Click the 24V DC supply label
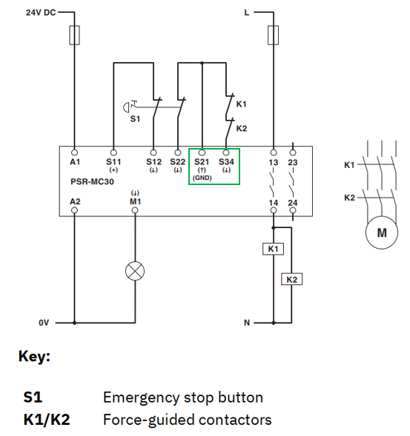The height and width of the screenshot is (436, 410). [41, 13]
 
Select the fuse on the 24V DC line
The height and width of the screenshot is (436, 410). [74, 35]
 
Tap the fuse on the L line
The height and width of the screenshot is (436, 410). [274, 35]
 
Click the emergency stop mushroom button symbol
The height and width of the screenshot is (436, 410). [126, 107]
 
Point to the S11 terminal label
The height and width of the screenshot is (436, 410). [113, 161]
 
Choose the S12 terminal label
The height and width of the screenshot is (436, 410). [153, 161]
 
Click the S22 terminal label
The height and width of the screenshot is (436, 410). [178, 161]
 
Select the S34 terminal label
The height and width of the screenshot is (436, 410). [226, 161]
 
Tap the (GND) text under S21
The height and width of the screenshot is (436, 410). [202, 178]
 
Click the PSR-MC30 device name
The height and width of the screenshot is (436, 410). [92, 181]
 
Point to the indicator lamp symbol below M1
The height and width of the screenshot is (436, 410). [135, 271]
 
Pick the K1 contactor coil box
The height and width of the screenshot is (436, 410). [274, 249]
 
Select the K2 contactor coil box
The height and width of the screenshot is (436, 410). [291, 280]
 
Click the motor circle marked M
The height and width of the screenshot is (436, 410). [382, 232]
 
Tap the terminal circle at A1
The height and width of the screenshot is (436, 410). [74, 152]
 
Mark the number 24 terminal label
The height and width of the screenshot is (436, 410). [293, 203]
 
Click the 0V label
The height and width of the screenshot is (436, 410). [44, 323]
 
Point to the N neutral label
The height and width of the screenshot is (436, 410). [247, 323]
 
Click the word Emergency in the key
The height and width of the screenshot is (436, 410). [141, 398]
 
